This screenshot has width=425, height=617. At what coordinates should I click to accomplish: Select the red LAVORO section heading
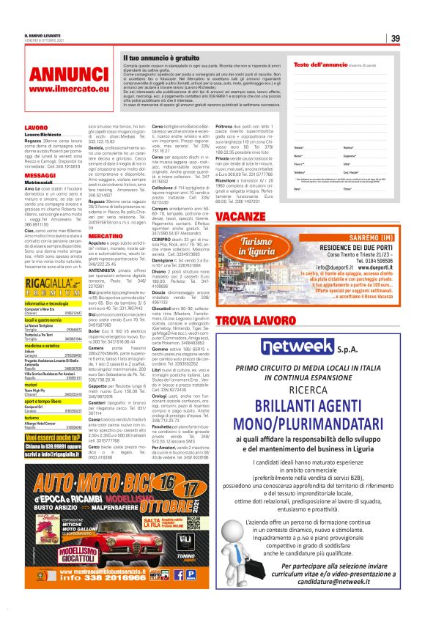[36, 128]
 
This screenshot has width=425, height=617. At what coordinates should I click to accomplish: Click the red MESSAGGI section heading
[40, 177]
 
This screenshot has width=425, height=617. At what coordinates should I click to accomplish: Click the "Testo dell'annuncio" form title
[318, 64]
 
